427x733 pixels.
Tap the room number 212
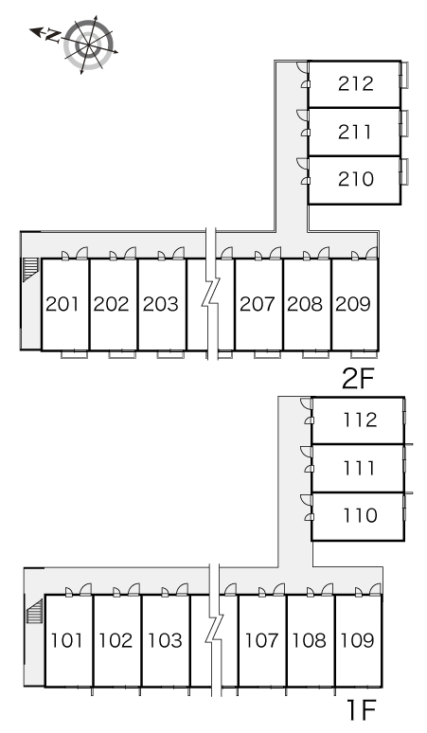pos(356,83)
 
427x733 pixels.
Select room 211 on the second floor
pos(355,132)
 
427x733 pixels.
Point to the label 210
pos(356,179)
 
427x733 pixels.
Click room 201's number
pos(62,304)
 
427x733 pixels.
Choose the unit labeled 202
pos(111,304)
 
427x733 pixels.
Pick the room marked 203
pos(161,304)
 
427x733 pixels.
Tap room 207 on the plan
pos(258,304)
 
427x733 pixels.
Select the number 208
pos(305,304)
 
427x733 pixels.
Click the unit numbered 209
pos(353,304)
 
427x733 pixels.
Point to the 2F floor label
pos(358,379)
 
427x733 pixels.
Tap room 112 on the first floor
pos(360,420)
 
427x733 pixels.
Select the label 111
pos(359,468)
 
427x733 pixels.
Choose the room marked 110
pos(360,515)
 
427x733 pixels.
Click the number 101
pos(66,640)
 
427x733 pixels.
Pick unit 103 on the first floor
pos(165,640)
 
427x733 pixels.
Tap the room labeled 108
pos(309,640)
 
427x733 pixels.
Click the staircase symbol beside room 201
pos(29,270)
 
